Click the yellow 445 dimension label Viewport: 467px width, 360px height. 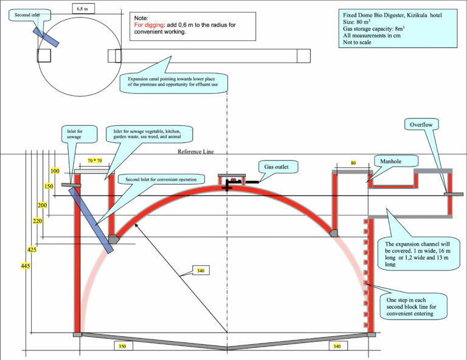[x=27, y=266]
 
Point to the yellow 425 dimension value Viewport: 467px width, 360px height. [x=32, y=249]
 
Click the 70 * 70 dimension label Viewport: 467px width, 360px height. [x=94, y=161]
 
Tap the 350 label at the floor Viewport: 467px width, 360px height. [x=122, y=345]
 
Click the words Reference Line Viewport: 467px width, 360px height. [x=196, y=152]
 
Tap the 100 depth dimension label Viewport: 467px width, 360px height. [x=55, y=171]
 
